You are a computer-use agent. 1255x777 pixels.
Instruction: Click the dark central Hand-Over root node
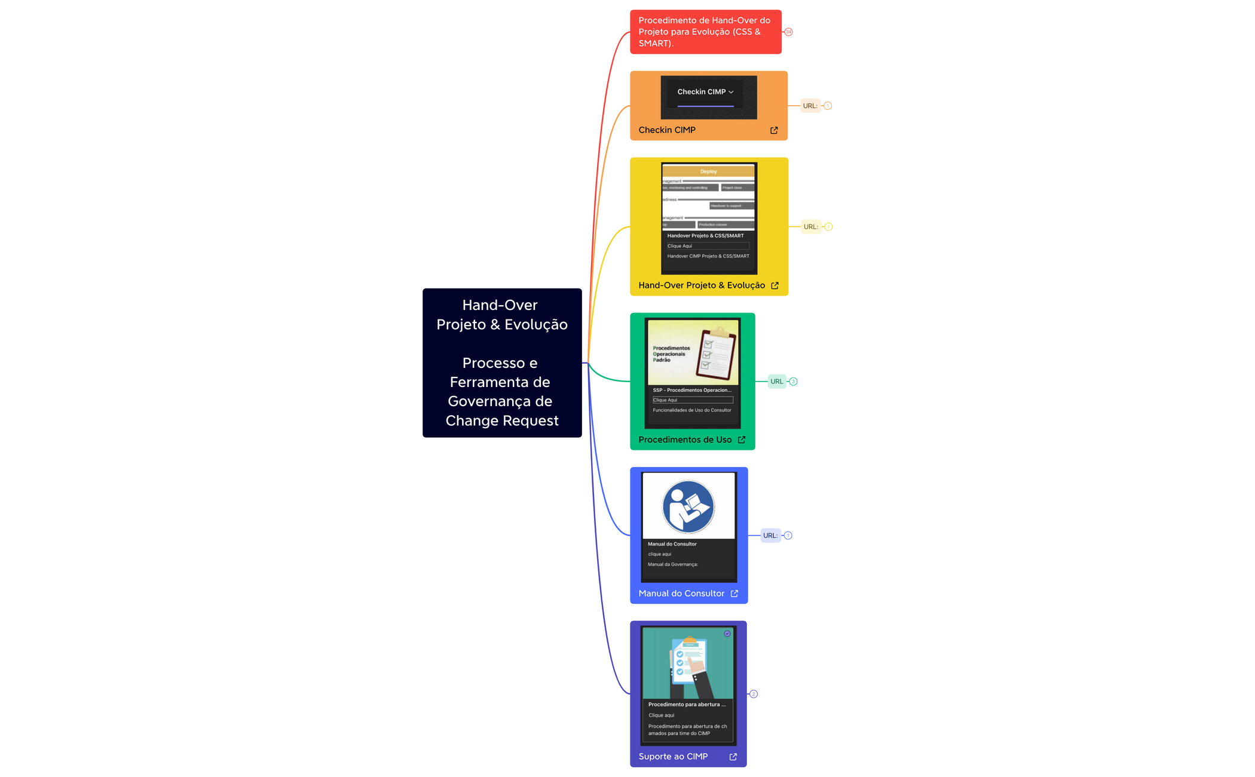[502, 363]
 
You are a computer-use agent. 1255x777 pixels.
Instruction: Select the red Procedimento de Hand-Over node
[705, 32]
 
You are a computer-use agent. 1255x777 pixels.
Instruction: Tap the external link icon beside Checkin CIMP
[774, 130]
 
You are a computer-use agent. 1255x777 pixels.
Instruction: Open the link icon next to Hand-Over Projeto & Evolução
[775, 285]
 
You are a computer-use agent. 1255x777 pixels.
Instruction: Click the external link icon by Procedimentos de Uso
[742, 440]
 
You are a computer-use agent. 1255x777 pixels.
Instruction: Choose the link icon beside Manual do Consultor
[734, 594]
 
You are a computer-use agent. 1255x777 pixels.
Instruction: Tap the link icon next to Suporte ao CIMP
[733, 757]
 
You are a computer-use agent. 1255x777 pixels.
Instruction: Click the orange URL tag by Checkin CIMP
[810, 106]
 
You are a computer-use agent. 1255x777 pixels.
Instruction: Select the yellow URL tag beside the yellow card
[810, 227]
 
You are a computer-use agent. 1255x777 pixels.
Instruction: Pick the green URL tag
[776, 382]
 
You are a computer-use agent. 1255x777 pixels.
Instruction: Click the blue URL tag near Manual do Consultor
[770, 536]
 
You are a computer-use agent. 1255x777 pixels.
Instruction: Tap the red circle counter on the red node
[788, 32]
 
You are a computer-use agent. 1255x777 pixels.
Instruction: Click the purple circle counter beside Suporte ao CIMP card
[754, 694]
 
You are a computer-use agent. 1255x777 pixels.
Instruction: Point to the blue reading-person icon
[688, 506]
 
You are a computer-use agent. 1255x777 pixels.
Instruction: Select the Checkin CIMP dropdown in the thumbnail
[705, 92]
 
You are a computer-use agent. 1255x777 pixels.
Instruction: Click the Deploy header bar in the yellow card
[708, 171]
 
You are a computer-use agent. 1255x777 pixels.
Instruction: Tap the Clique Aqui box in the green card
[693, 400]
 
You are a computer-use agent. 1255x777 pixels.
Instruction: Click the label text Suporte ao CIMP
[673, 757]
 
